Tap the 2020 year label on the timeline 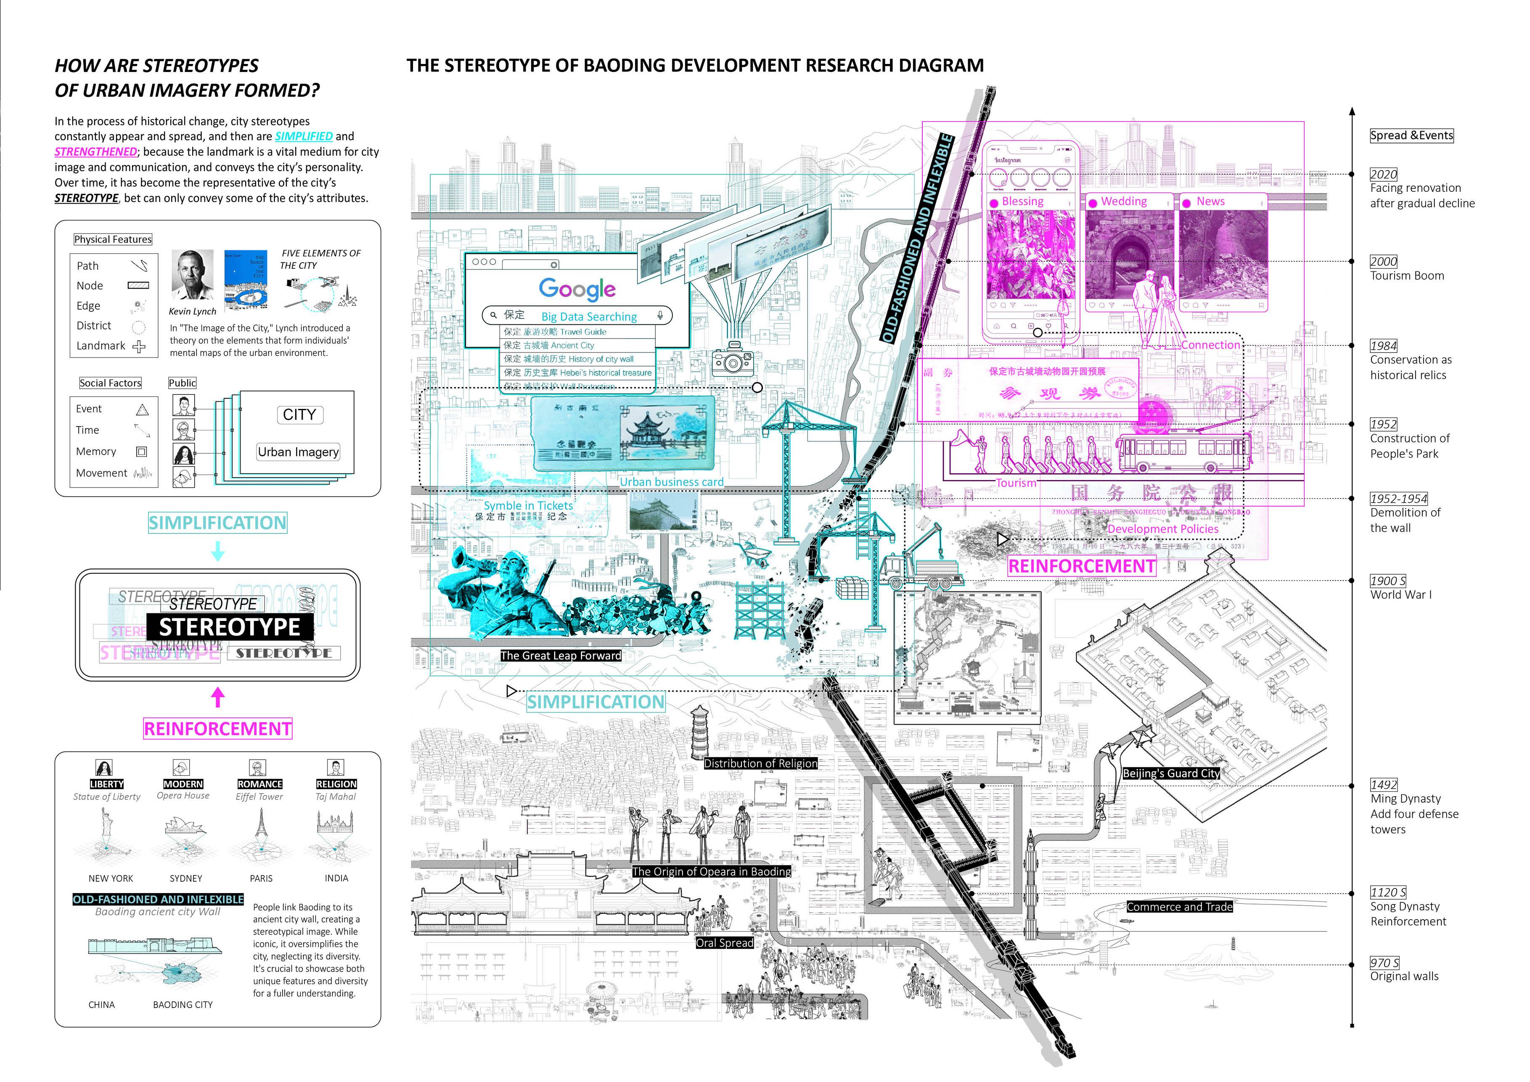1383,174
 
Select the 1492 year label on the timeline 1383,785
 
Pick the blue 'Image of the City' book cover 246,280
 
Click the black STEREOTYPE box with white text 229,627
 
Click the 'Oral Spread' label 724,943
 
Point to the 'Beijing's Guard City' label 1171,773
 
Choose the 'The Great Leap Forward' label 561,656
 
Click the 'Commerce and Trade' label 1180,907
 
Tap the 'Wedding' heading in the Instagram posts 1123,202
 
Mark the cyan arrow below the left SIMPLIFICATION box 217,551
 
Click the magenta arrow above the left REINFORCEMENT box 217,697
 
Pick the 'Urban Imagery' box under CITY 298,452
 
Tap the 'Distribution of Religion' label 760,764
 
